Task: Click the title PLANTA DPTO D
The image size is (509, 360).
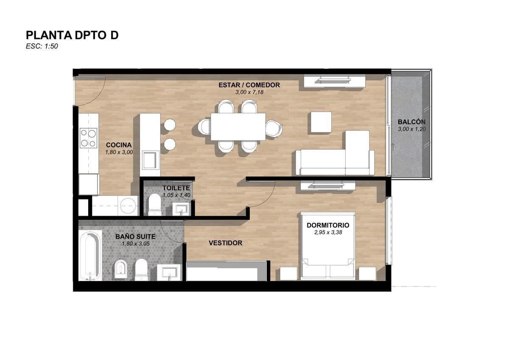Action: (72, 35)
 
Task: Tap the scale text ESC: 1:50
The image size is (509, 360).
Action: (42, 46)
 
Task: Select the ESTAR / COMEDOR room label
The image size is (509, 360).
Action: (249, 85)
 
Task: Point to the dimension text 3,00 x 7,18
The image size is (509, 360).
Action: (249, 92)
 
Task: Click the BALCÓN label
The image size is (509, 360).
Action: (411, 122)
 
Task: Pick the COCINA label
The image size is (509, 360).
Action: (119, 145)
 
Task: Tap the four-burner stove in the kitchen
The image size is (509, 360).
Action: (88, 138)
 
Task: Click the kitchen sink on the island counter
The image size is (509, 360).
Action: (149, 160)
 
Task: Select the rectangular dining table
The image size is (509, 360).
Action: (238, 127)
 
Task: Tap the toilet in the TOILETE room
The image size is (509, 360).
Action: (155, 205)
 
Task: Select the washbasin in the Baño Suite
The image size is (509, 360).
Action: (170, 273)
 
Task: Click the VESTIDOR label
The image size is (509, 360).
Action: (225, 243)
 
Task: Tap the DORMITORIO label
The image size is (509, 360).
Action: (328, 225)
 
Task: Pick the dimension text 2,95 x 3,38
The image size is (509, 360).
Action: (328, 232)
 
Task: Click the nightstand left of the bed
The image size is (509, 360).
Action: (288, 273)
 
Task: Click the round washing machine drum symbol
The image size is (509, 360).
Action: (129, 205)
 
